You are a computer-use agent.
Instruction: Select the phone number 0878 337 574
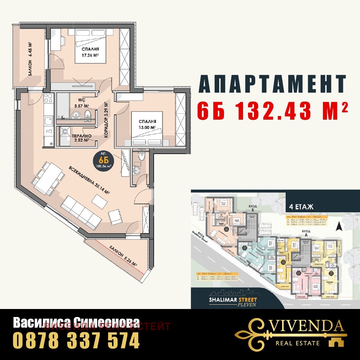[76, 341]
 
